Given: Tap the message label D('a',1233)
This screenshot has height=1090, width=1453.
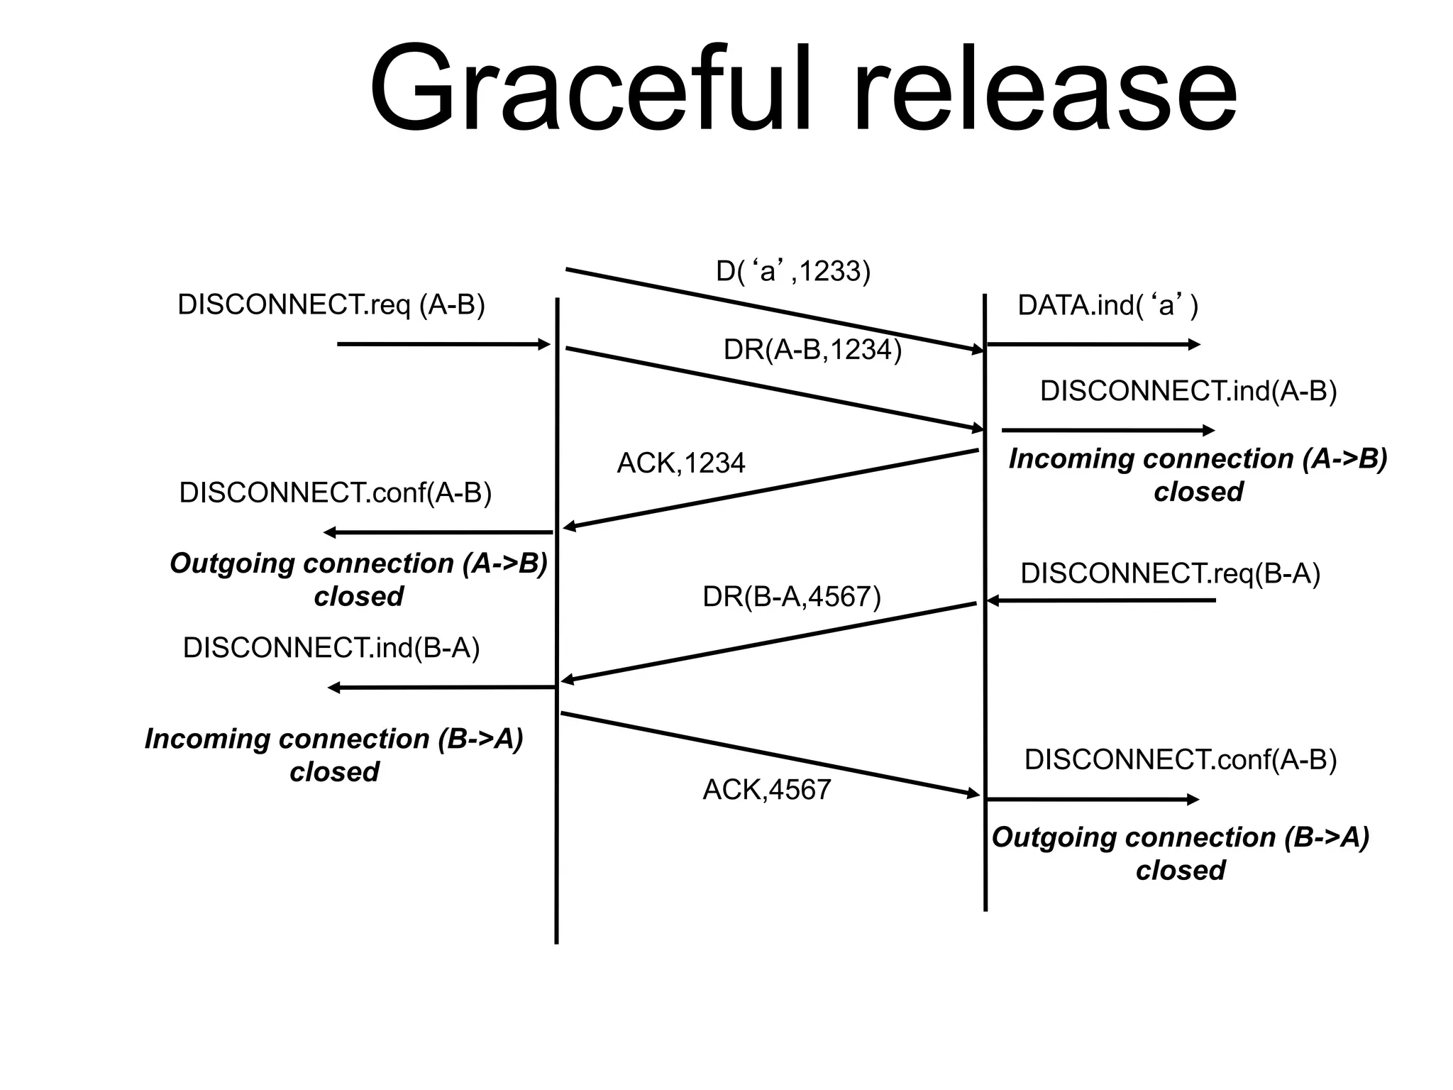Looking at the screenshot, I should pos(792,271).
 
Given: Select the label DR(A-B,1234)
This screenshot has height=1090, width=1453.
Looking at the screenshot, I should pos(812,349).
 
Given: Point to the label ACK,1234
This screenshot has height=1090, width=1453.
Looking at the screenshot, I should pos(681,463).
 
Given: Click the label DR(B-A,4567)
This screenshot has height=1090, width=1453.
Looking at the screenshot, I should pos(792,597).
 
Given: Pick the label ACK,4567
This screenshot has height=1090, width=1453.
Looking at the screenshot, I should pos(767,790).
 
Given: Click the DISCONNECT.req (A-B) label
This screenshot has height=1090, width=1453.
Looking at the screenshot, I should pos(331,305).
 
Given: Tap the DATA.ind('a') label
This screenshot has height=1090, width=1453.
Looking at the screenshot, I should pos(1107,306).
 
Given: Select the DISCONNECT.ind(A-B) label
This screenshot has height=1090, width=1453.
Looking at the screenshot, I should pos(1188,392).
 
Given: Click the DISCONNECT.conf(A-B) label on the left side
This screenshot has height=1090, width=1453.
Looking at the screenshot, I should pos(336,492).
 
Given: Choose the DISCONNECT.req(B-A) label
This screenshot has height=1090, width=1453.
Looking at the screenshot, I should pos(1171,573).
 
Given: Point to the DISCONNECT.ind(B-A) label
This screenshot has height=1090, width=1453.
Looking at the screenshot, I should pos(331,648).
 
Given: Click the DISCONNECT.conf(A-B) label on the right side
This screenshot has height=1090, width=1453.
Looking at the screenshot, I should pos(1181,760).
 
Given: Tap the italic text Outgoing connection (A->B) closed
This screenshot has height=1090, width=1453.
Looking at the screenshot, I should pos(359,579).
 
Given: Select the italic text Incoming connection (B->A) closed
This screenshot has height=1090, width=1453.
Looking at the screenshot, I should pos(334,755).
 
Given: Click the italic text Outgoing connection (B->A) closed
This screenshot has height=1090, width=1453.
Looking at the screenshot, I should pos(1181,854).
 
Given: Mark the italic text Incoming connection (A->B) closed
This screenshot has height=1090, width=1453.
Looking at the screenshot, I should pos(1198,475).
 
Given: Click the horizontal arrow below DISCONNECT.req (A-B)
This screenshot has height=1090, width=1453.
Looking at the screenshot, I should pos(443,345).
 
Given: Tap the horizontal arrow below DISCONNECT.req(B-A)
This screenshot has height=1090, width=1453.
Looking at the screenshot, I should pos(1101,601).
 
